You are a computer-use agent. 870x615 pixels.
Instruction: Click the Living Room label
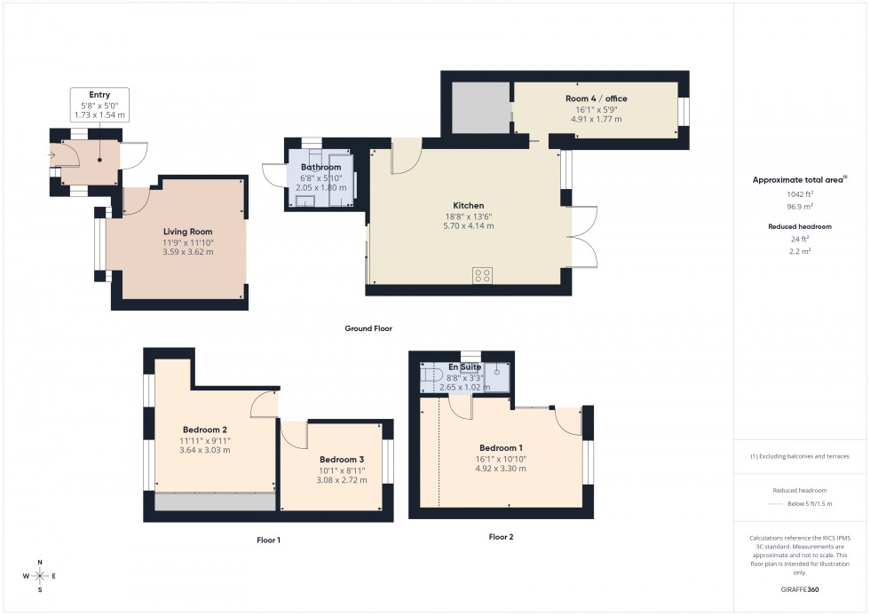(187, 232)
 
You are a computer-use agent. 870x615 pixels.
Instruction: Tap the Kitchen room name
(468, 206)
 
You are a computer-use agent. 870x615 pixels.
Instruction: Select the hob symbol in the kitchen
(483, 275)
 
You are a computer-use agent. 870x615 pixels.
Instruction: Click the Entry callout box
(99, 105)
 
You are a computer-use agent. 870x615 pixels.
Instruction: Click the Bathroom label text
(320, 167)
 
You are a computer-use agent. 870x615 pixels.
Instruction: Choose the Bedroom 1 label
(502, 448)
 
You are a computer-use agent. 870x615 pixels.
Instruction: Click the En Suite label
(465, 367)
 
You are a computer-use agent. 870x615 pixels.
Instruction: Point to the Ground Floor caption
(368, 328)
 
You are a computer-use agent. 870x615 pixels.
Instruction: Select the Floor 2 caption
(501, 537)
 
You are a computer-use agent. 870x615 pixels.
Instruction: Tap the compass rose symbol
(41, 576)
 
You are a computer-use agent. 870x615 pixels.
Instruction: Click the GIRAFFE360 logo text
(799, 588)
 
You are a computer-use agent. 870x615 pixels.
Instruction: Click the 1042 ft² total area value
(799, 193)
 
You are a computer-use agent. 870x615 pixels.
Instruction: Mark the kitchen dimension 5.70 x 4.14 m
(468, 226)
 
